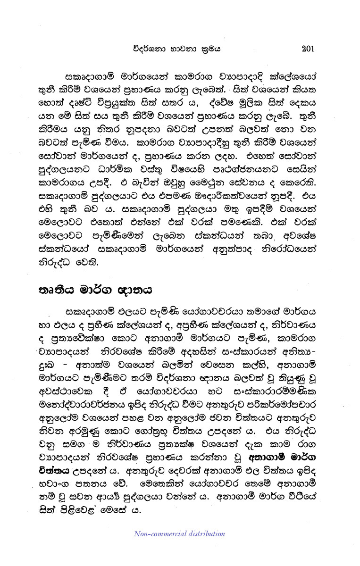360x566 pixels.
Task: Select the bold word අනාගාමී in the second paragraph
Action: point(268,458)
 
